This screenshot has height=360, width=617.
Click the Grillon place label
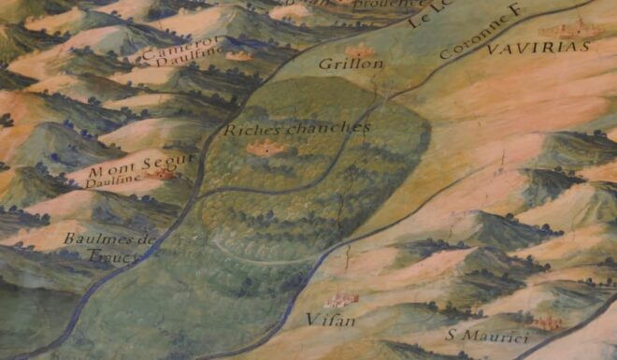click(x=338, y=65)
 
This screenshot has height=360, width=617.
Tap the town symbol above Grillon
click(x=360, y=50)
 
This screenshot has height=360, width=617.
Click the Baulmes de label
click(x=108, y=239)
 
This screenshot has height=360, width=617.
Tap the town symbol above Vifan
click(x=341, y=299)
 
